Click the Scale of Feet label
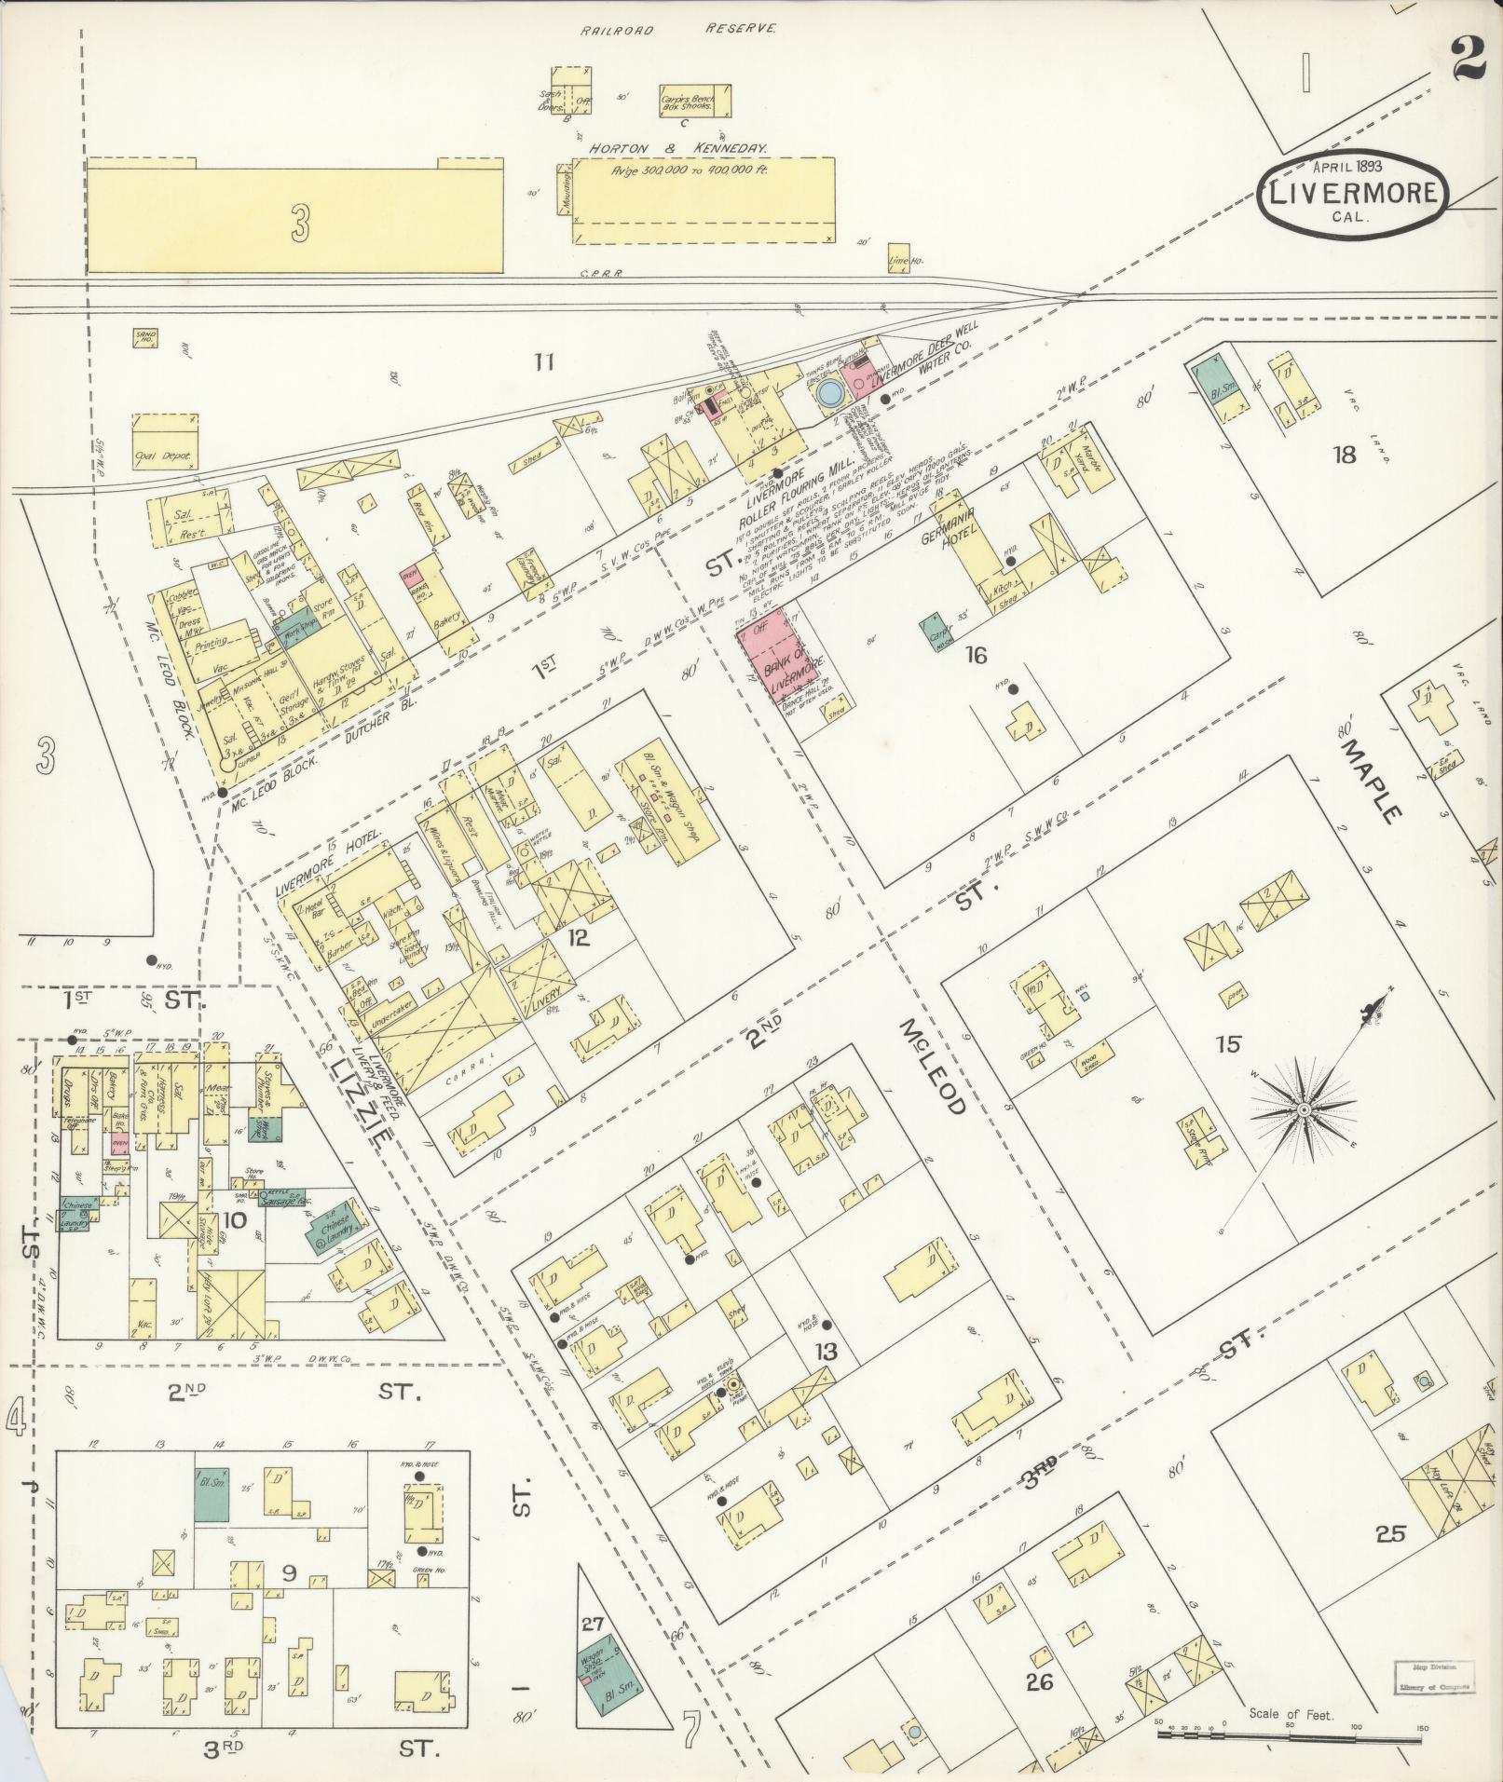pos(1292,1714)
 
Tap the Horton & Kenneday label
pos(676,148)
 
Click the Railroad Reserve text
pos(677,30)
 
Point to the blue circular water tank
pos(827,394)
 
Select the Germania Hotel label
pos(951,527)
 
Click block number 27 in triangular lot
pos(594,1624)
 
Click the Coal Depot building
pos(166,441)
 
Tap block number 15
pos(1228,1043)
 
